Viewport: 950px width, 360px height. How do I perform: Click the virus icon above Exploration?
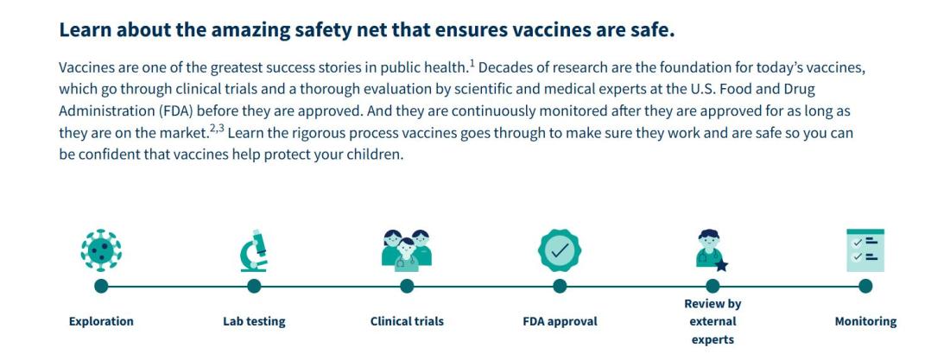pyautogui.click(x=101, y=250)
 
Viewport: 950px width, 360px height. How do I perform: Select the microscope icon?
pyautogui.click(x=254, y=250)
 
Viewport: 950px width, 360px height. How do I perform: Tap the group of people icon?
pyautogui.click(x=407, y=250)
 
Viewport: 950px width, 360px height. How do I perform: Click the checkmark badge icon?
pyautogui.click(x=560, y=250)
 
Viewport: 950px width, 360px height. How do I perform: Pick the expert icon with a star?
pyautogui.click(x=712, y=250)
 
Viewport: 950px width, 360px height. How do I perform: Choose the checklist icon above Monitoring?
pyautogui.click(x=865, y=250)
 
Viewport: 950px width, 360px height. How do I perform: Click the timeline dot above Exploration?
pyautogui.click(x=101, y=286)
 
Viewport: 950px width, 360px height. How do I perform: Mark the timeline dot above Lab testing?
pyautogui.click(x=254, y=286)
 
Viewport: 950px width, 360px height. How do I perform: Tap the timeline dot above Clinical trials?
pyautogui.click(x=407, y=286)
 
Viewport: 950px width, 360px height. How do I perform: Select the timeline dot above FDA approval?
pyautogui.click(x=560, y=286)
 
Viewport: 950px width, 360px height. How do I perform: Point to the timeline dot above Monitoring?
pyautogui.click(x=865, y=286)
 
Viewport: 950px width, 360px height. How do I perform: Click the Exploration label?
pyautogui.click(x=101, y=321)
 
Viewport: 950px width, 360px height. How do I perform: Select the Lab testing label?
pyautogui.click(x=254, y=321)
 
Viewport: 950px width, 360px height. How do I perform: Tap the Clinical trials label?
pyautogui.click(x=407, y=321)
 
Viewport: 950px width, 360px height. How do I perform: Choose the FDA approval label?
pyautogui.click(x=560, y=321)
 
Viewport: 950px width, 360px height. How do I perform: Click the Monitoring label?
pyautogui.click(x=865, y=321)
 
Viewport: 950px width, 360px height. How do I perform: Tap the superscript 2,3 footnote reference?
pyautogui.click(x=218, y=128)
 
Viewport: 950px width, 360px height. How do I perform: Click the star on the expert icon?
pyautogui.click(x=722, y=265)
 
